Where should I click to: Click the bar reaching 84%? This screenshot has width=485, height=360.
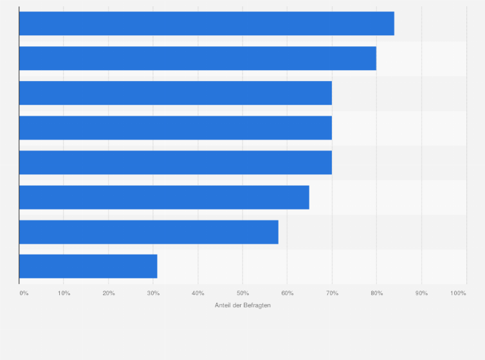[x=206, y=23]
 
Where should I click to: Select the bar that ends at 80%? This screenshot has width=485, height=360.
[x=197, y=58]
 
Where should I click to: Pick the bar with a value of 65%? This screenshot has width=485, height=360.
[x=164, y=197]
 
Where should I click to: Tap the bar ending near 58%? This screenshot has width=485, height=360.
[x=149, y=232]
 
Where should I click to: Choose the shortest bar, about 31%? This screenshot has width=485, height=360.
[x=88, y=267]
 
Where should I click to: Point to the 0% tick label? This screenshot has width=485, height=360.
[x=24, y=293]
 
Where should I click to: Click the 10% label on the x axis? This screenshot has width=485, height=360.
[x=64, y=293]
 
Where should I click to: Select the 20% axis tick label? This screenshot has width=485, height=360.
[x=109, y=293]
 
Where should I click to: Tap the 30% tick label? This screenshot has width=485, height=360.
[x=153, y=293]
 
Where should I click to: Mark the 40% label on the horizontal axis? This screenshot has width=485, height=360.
[x=198, y=293]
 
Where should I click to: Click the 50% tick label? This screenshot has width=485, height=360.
[x=243, y=293]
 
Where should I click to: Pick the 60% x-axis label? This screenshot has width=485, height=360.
[x=288, y=293]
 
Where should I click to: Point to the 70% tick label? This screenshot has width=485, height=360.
[x=332, y=293]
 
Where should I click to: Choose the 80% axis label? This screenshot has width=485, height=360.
[x=377, y=293]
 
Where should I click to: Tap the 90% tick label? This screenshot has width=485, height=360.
[x=421, y=293]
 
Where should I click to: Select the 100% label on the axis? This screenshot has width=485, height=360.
[x=459, y=293]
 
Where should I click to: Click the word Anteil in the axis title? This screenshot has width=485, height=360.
[x=223, y=305]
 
